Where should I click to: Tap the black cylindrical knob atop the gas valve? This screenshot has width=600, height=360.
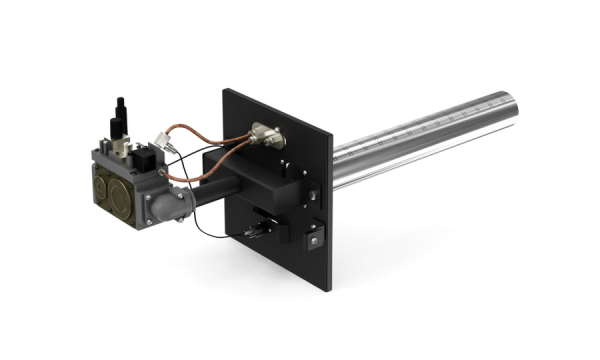click(x=120, y=109)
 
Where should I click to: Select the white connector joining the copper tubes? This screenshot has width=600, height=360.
click(x=163, y=139)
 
